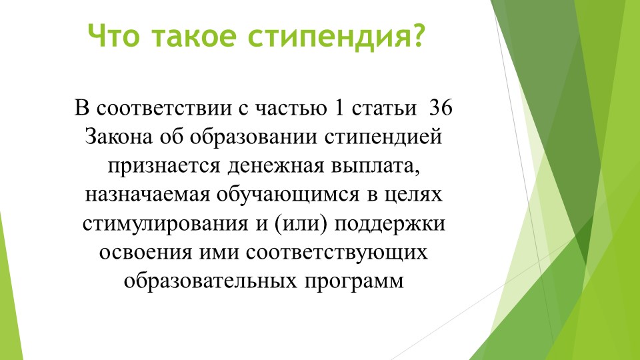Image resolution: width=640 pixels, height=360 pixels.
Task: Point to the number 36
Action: point(441,108)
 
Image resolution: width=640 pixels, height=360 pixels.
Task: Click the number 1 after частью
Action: point(339,108)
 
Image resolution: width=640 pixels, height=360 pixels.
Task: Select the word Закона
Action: point(119,137)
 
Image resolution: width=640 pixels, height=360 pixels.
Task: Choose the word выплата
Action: point(375,166)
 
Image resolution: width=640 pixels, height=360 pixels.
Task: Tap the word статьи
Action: point(384,108)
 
